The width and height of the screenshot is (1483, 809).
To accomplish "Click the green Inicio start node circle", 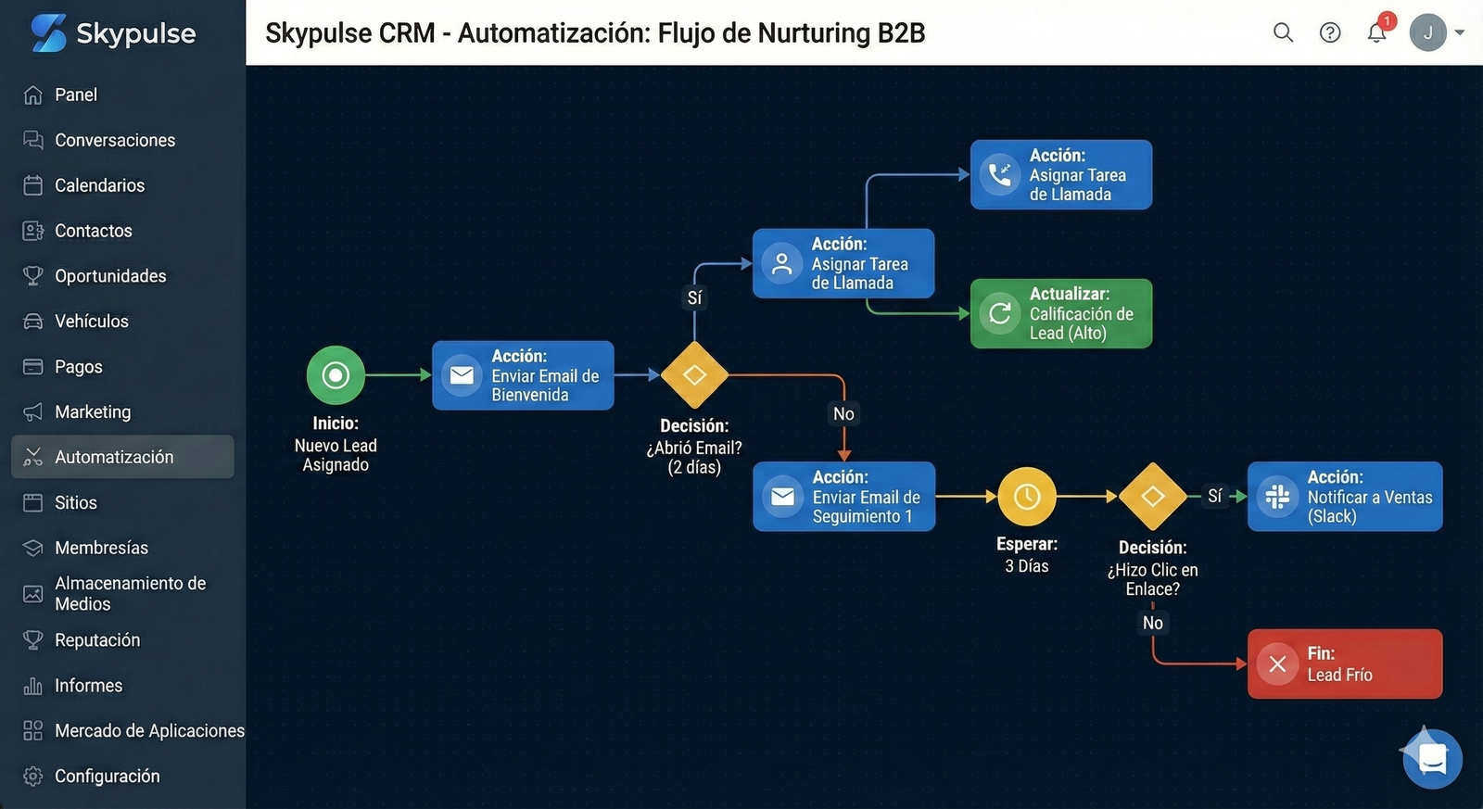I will click(336, 375).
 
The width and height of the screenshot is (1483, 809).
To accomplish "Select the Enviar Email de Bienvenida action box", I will click(523, 375).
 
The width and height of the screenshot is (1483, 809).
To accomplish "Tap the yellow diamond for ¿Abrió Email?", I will click(694, 375).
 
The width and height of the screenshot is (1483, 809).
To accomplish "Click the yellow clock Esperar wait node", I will click(1027, 497).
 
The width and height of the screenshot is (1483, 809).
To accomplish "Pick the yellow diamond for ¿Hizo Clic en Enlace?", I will click(1152, 497).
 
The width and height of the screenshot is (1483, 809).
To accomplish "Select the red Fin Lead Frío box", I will click(1345, 664).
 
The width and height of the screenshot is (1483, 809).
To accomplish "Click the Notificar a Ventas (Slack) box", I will click(1345, 497).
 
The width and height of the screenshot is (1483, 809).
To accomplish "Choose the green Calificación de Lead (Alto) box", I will click(1061, 314).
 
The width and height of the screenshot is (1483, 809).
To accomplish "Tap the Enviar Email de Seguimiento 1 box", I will click(843, 497).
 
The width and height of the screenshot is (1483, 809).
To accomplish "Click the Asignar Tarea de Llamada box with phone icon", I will click(1061, 175).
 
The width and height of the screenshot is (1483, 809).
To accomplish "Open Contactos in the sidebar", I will click(93, 231).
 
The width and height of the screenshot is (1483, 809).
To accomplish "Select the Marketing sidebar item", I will click(92, 411).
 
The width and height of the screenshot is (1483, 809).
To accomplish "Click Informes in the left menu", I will click(88, 686).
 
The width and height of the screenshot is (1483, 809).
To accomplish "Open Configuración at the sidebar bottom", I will click(107, 777).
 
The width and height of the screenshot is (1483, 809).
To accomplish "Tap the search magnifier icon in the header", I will click(1283, 32).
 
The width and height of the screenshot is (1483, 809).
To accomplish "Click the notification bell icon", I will click(1376, 33).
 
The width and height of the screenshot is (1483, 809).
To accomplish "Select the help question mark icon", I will click(1330, 32).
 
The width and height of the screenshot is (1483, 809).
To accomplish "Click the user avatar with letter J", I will click(1427, 32).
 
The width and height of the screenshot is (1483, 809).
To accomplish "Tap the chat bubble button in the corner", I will click(1433, 759).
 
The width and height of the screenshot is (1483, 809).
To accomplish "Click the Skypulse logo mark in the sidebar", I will click(48, 32).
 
